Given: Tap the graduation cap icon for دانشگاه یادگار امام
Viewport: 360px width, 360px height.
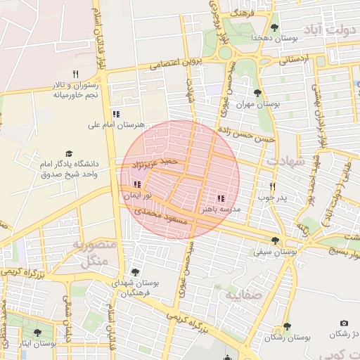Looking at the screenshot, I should click(69, 153).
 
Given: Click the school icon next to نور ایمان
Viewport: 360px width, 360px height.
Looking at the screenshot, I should click(136, 184).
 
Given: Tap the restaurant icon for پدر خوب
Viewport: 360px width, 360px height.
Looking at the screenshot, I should click(272, 187).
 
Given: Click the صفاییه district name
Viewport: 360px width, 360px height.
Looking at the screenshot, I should click(243, 295).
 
